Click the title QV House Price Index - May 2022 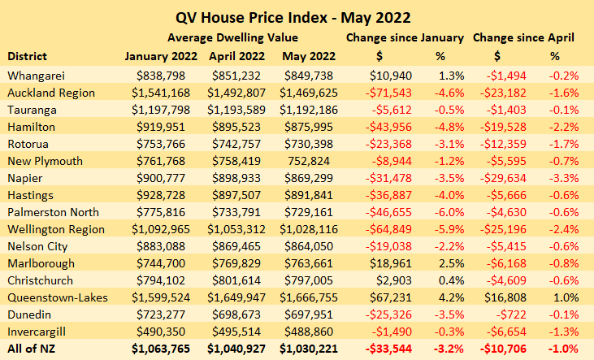pos(293,17)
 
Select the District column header pos(28,56)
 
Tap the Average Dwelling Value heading pos(232,37)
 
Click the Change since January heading pos(405,37)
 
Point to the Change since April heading pos(523,37)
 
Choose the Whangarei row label pos(36,76)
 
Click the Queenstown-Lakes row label pos(58,297)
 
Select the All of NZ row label pos(31,349)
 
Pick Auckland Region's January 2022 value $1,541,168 pos(161,93)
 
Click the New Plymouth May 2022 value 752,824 pos(309,161)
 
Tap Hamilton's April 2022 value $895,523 pos(236,127)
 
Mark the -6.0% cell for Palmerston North pos(449,212)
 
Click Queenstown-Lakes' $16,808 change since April pos(505,297)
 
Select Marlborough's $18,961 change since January pos(390,263)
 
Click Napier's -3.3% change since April pos(564,178)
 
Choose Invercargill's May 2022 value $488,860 pos(309,332)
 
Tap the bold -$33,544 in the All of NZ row pos(388,349)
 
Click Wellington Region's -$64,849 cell pos(388,229)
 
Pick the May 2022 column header pos(309,56)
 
